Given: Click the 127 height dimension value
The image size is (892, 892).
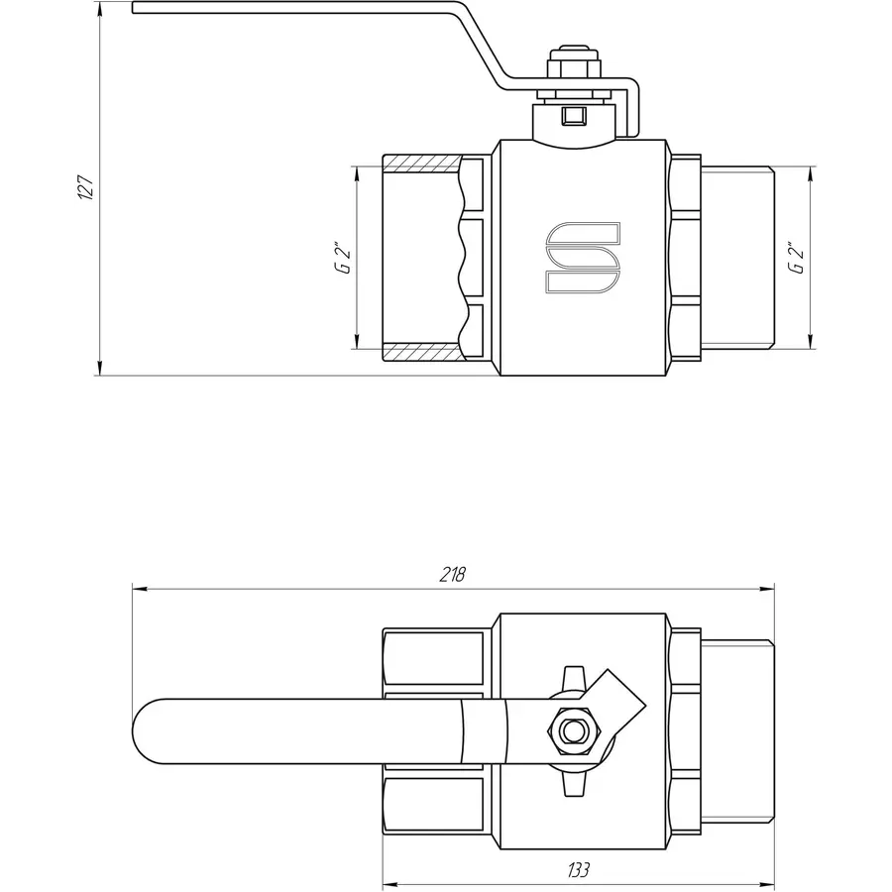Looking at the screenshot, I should coord(86,188).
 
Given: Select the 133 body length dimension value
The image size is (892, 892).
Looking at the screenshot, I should coord(579,870).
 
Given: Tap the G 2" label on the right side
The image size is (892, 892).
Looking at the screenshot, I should coord(793,257).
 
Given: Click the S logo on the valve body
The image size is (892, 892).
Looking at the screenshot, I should coord(583,259).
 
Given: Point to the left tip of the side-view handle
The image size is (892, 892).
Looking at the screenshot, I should coord(135,11).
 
